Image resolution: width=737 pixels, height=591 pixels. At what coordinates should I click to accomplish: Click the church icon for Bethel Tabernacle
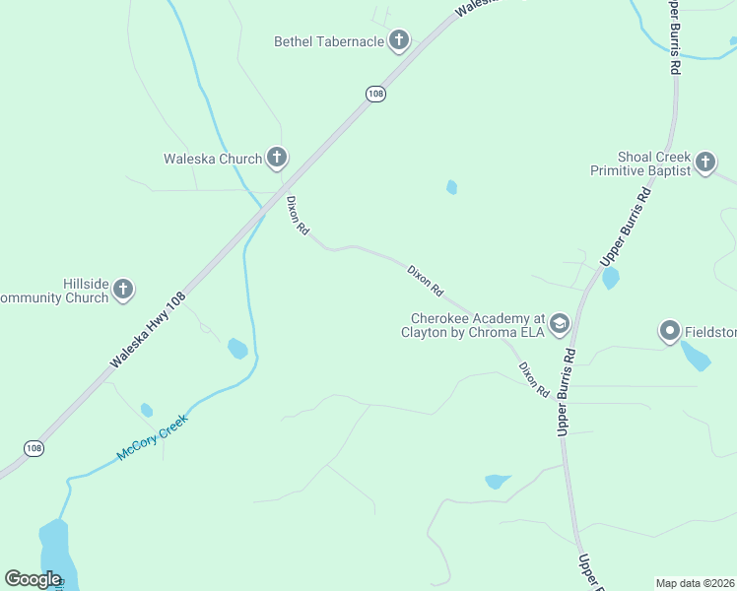399,40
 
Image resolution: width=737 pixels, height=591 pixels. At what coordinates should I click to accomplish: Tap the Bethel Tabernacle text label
328,41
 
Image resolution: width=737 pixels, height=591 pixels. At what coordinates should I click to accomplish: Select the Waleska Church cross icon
277,157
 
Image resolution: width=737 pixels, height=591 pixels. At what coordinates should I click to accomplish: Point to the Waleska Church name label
213,159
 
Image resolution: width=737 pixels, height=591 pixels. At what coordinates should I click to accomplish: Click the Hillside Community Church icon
123,289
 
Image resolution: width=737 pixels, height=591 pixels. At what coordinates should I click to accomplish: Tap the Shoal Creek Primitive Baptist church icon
705,162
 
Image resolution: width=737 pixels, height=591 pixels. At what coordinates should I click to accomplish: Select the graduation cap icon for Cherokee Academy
560,322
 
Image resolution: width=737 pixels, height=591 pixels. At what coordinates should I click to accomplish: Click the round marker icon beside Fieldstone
670,330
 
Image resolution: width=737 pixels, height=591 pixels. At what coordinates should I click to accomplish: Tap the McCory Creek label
152,437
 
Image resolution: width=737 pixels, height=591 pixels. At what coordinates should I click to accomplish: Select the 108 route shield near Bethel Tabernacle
374,94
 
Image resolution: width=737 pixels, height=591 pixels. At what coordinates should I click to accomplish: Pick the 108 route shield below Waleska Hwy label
34,448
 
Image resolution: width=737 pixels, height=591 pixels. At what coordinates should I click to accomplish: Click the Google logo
33,579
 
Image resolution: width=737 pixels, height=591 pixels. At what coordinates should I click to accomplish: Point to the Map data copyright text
696,582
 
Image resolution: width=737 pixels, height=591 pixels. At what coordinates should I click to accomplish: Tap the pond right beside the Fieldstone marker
696,356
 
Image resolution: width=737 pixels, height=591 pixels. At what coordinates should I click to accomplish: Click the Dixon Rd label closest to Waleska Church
298,214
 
